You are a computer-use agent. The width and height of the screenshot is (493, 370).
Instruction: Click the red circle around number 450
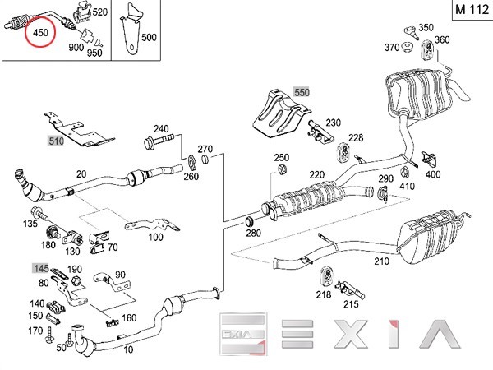pos(38,34)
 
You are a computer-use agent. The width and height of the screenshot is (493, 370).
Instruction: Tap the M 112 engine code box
pos(470,12)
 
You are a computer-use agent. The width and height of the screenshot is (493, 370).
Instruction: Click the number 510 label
pos(56,141)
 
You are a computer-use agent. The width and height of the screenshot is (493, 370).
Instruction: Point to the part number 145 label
pos(39,268)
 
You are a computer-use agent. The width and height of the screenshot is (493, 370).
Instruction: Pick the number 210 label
pos(380,262)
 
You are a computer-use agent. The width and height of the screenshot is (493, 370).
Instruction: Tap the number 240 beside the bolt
pos(160,128)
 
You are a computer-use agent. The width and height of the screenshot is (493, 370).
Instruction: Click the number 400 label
pos(433,173)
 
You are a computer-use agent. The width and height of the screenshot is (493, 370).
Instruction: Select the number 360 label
pos(442,40)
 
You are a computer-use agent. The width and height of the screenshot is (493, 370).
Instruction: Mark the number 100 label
pos(155,238)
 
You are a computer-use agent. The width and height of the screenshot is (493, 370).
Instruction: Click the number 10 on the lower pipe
pos(127,350)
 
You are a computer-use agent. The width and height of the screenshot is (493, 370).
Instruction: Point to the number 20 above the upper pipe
pos(81,173)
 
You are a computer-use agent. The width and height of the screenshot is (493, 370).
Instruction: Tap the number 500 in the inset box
pos(148,37)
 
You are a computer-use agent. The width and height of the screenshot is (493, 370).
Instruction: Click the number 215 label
pos(352,303)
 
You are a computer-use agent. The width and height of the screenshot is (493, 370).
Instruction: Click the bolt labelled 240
pos(159,146)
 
